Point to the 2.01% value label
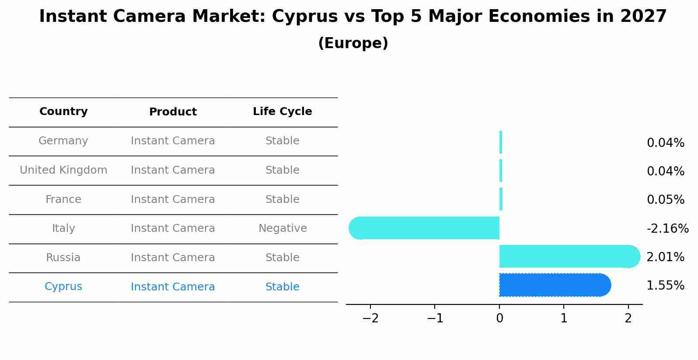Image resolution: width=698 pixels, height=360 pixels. [x=665, y=257]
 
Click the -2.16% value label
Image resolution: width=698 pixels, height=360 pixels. [x=667, y=229]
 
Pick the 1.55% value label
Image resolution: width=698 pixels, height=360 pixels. [x=665, y=286]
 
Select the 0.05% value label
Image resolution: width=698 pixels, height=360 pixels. [x=665, y=200]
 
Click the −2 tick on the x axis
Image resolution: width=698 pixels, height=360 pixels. [x=370, y=318]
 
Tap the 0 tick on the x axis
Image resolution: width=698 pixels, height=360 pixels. [x=499, y=318]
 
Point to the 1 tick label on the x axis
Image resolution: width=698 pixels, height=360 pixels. [x=564, y=318]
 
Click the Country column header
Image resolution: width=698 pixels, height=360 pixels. [x=63, y=112]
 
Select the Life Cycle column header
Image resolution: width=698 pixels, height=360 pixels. [x=282, y=112]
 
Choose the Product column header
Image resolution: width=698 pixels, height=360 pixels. [x=173, y=112]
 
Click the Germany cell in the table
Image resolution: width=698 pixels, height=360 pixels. [x=63, y=141]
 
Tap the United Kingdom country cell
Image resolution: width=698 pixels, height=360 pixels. [x=63, y=170]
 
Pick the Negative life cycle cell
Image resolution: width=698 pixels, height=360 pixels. [x=283, y=228]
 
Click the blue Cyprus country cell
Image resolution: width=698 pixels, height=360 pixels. [x=63, y=287]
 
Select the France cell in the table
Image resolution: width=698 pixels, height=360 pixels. [x=63, y=199]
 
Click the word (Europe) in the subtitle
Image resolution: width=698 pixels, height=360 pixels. [x=353, y=43]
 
